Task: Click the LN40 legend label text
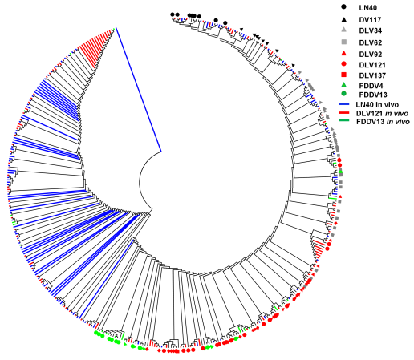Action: pos(367,8)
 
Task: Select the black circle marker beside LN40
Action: pos(344,7)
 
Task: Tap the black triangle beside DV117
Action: pos(344,19)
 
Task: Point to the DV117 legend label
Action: pos(370,20)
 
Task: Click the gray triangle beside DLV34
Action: pos(344,30)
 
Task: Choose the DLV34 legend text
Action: pos(371,30)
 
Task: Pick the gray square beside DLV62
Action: pos(344,42)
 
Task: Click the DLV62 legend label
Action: pos(371,42)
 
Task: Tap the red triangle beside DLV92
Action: pos(344,54)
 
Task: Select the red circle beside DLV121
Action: pos(344,64)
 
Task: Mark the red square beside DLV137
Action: pos(344,75)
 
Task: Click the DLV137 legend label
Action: pos(372,75)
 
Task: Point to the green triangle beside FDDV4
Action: pos(344,85)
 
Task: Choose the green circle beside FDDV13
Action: pos(344,94)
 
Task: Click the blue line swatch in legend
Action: pos(344,104)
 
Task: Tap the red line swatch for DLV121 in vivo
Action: pos(344,112)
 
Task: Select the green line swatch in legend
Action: pos(344,121)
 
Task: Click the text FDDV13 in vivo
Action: pos(383,122)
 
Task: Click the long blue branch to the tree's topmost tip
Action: pos(138,90)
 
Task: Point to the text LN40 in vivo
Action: pos(377,104)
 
